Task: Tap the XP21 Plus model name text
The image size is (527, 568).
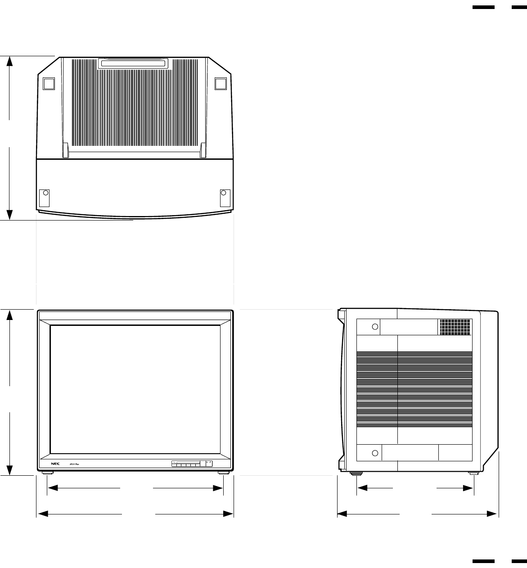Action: (x=74, y=464)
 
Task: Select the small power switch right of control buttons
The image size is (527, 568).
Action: (x=208, y=463)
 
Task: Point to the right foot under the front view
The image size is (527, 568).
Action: (x=223, y=473)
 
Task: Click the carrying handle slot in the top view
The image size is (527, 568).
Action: (x=133, y=63)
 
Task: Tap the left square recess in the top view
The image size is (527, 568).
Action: (x=48, y=84)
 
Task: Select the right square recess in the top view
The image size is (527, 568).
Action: (x=220, y=84)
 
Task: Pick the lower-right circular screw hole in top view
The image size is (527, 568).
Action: (x=223, y=193)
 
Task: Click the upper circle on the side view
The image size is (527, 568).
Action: (x=374, y=326)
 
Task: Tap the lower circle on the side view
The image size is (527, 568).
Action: (x=375, y=452)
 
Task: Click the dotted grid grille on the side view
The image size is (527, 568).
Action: (x=455, y=327)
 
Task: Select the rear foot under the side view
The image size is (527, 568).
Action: (x=473, y=473)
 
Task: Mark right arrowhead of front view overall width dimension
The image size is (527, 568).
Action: (x=230, y=513)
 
